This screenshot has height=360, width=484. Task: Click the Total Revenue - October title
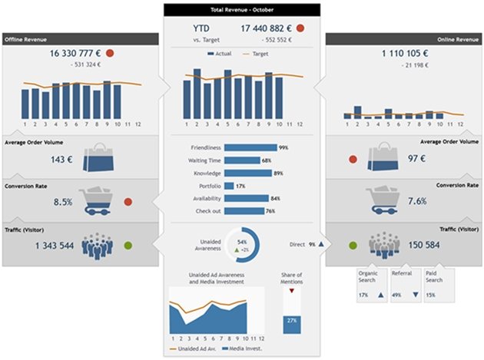[x=242, y=11]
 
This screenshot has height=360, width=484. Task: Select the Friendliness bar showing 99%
[x=252, y=147]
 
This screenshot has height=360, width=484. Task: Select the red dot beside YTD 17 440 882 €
[x=300, y=28]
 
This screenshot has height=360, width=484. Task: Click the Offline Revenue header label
[x=28, y=38]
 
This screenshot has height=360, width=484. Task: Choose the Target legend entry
[x=259, y=54]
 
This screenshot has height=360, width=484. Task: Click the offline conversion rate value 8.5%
[x=63, y=203]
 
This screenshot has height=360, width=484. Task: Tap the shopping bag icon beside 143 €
[x=102, y=156]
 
